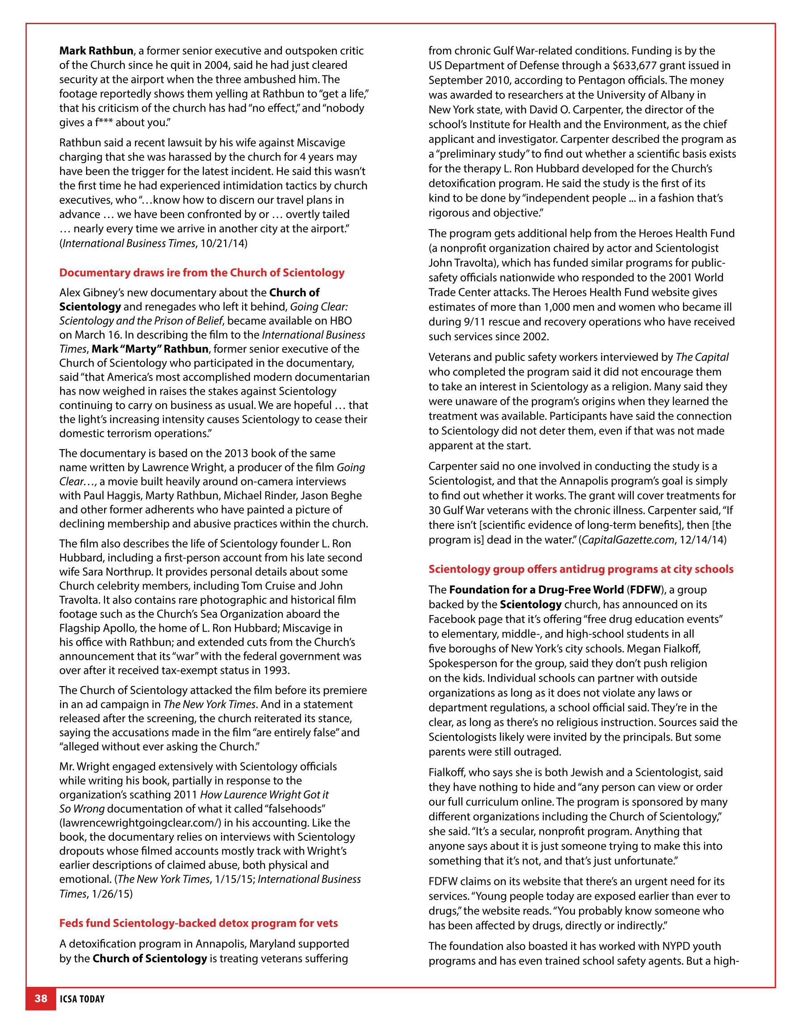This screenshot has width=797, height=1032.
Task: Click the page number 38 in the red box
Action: click(41, 998)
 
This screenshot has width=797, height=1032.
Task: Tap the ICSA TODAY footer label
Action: click(82, 999)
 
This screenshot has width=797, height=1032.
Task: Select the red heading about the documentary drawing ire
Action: click(202, 273)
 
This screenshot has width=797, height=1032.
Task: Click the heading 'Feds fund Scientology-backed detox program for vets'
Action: click(198, 923)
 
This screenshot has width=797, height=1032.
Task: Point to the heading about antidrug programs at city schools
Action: click(581, 569)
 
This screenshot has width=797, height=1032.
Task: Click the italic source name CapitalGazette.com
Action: click(628, 539)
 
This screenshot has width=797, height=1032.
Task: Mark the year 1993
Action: click(274, 670)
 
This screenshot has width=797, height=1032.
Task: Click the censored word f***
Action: click(104, 123)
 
